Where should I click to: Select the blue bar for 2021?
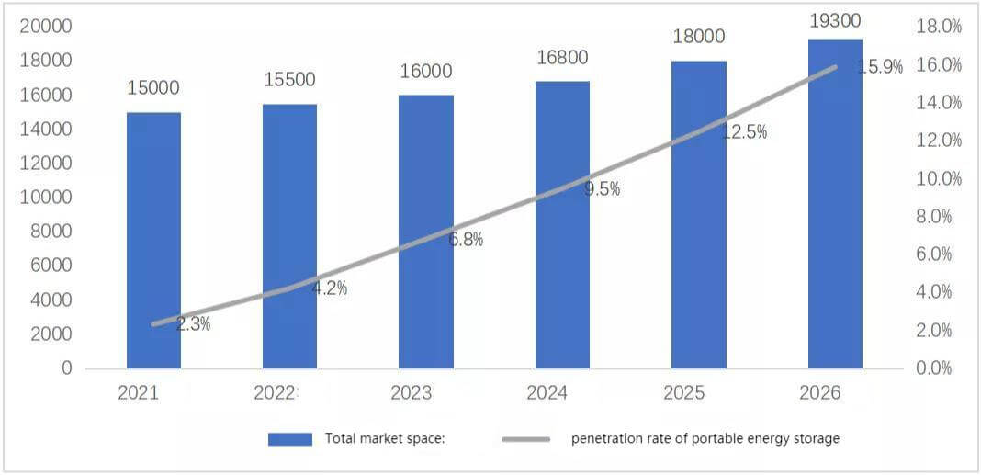tap(154, 241)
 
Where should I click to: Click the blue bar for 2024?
tap(562, 225)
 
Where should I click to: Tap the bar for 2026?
tap(835, 203)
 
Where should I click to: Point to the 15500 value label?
tap(289, 80)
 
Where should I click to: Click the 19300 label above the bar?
tap(835, 20)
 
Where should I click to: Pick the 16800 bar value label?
tap(562, 58)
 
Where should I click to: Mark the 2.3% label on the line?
tap(193, 325)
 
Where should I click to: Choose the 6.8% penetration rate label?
tap(466, 239)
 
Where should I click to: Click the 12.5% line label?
tap(744, 132)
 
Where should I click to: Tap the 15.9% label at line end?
tap(880, 67)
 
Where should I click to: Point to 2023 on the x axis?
tap(411, 393)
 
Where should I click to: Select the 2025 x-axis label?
tap(683, 393)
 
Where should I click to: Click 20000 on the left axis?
tap(46, 27)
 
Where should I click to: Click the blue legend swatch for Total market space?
tap(290, 439)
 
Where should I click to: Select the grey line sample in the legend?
tap(525, 439)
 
